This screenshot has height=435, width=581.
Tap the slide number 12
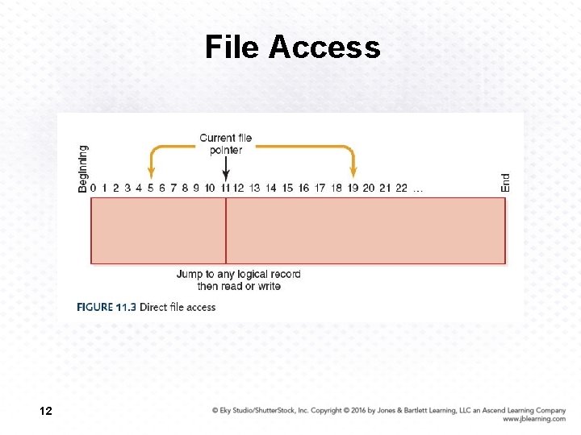(46, 412)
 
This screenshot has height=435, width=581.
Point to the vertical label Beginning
(83, 168)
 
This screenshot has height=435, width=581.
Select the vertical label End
(505, 182)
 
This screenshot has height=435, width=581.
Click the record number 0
(94, 188)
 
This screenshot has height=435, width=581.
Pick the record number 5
(150, 188)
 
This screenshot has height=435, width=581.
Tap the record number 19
(353, 188)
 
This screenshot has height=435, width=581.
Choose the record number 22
(401, 188)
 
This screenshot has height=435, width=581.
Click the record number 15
(287, 188)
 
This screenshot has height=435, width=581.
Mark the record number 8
(185, 188)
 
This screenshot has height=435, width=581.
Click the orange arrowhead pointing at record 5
(150, 172)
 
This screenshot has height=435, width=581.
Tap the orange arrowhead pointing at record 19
(353, 172)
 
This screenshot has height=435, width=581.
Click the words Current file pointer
(226, 143)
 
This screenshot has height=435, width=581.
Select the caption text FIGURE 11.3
(106, 307)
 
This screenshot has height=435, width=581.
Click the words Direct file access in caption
(178, 307)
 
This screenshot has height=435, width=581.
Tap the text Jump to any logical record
(239, 274)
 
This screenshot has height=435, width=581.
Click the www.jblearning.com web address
(533, 419)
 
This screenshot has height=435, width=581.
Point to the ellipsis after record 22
(417, 190)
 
